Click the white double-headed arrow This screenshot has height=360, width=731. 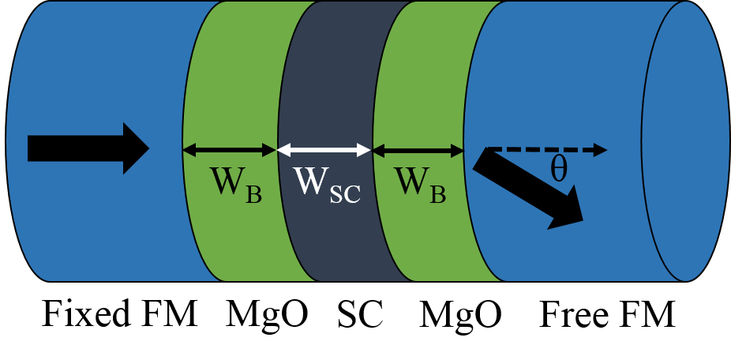tap(324, 149)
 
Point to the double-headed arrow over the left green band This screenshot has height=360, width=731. tap(230, 149)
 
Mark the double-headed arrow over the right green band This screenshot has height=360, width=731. tap(418, 149)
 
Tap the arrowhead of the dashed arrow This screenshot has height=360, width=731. tap(601, 149)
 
